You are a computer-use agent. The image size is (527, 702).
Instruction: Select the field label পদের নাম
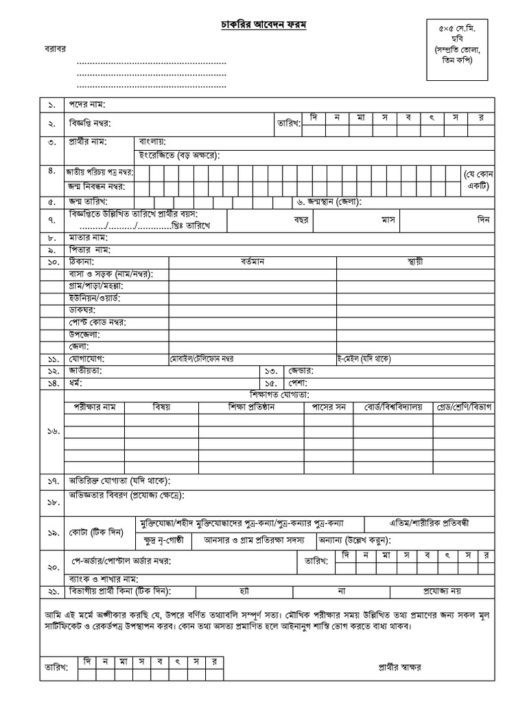tap(86, 105)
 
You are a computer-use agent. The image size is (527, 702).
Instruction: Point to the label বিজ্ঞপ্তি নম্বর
tap(89, 124)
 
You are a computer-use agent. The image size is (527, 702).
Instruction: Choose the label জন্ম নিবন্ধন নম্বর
tap(99, 186)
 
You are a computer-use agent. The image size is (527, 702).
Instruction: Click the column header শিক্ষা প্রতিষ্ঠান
tap(252, 407)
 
